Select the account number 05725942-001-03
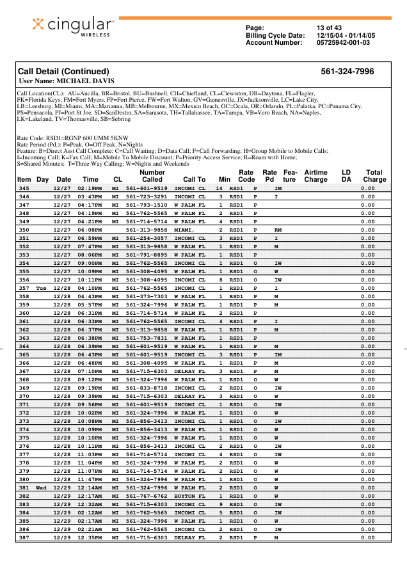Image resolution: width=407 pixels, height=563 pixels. (343, 43)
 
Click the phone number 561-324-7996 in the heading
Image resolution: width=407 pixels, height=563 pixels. (347, 71)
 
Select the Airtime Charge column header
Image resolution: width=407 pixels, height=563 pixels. (315, 176)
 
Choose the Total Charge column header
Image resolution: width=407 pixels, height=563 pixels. (374, 176)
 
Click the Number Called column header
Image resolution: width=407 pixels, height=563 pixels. (152, 176)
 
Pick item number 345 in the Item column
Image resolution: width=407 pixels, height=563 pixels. (24, 188)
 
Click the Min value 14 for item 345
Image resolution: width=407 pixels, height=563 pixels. (219, 188)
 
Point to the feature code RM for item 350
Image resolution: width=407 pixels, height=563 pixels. (278, 229)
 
